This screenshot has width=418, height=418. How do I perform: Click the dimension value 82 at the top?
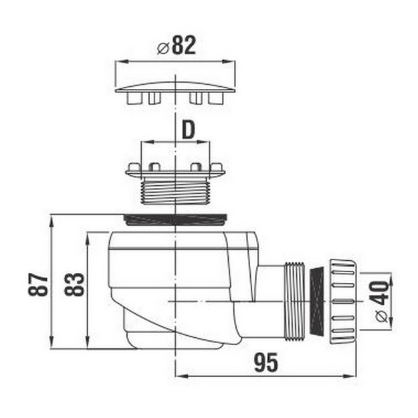184,45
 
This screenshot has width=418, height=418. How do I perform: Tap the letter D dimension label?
189,130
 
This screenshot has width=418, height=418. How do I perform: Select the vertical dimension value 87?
38,284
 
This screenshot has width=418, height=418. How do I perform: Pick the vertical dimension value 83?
74,284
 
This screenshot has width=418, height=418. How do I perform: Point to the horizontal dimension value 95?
266,362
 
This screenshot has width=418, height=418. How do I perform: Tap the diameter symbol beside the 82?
163,48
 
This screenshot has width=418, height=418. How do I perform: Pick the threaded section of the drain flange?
175,191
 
